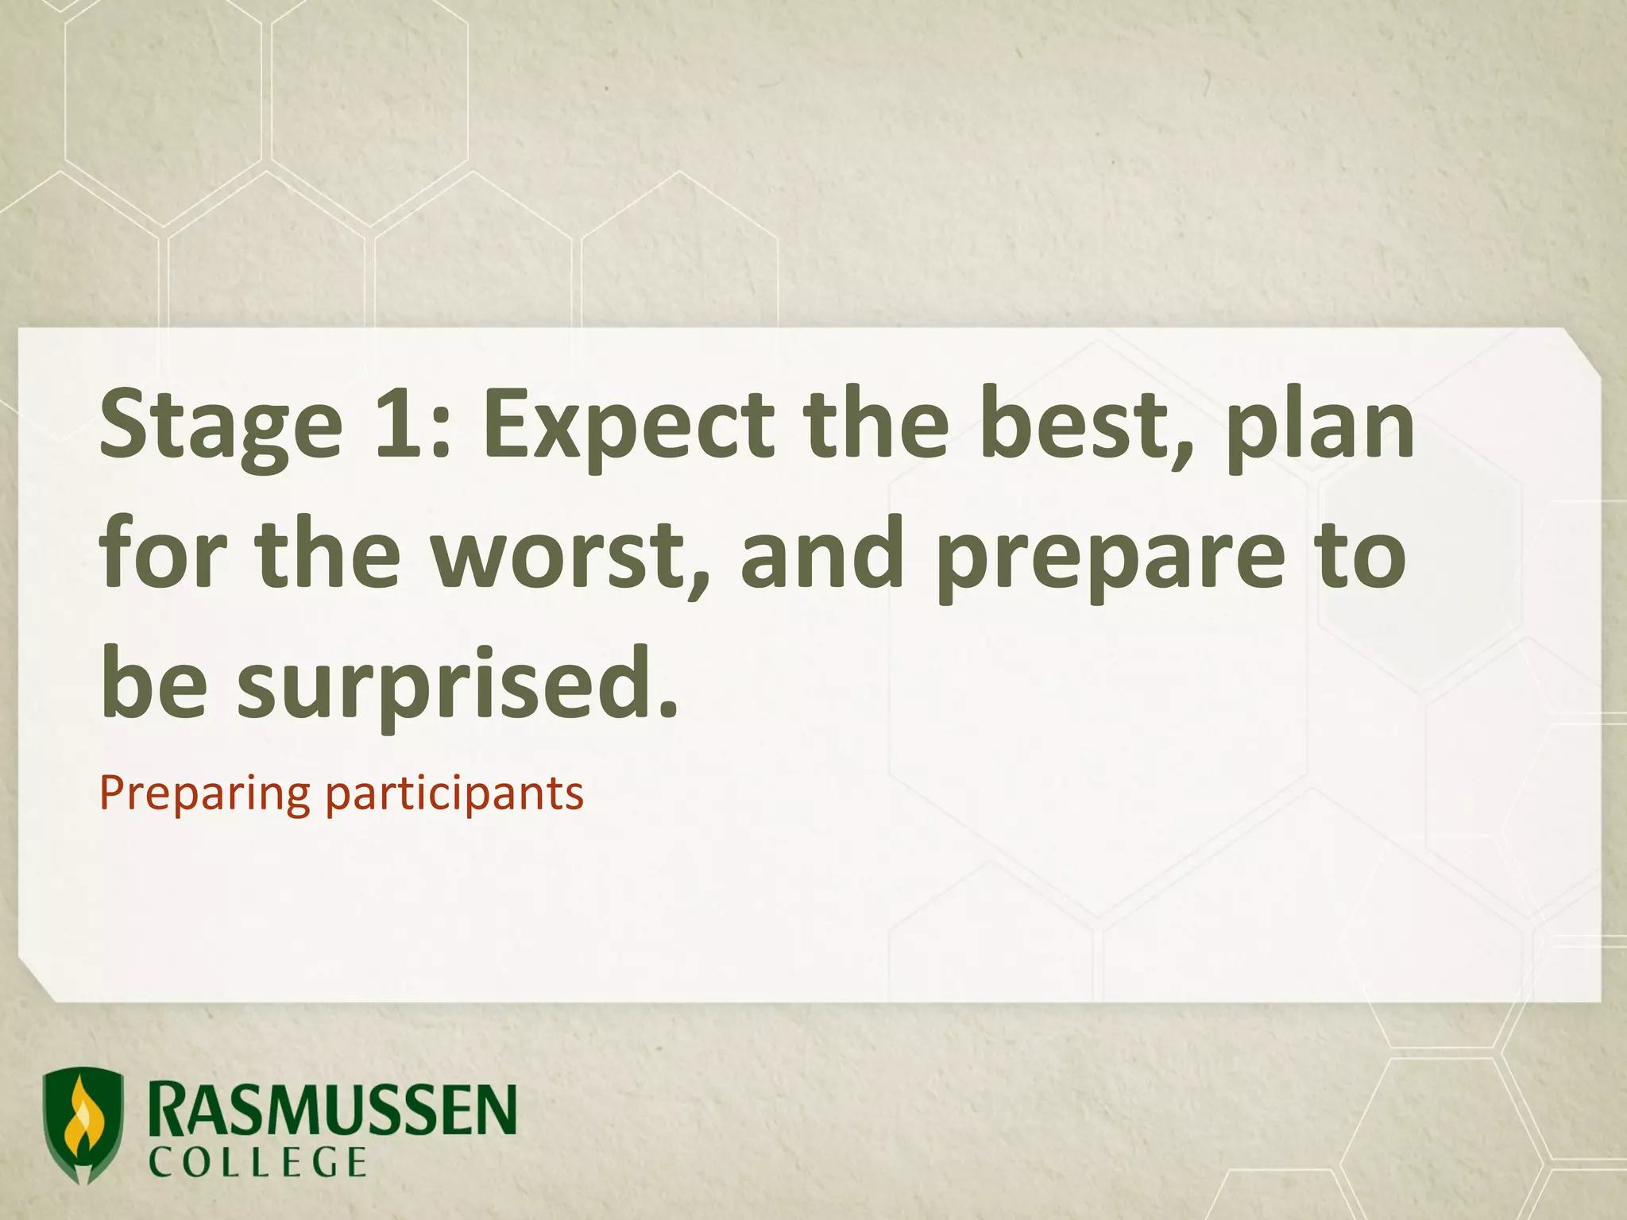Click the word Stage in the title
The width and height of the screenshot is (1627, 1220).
click(221, 426)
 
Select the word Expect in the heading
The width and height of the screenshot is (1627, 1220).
click(628, 426)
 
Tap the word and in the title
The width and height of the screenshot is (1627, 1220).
click(821, 553)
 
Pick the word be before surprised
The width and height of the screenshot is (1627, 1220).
click(154, 681)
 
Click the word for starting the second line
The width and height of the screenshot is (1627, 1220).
click(163, 551)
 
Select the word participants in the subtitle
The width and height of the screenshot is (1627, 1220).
click(454, 794)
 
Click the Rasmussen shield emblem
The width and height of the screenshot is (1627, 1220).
click(83, 1124)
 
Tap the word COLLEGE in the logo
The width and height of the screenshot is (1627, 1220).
click(258, 1164)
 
